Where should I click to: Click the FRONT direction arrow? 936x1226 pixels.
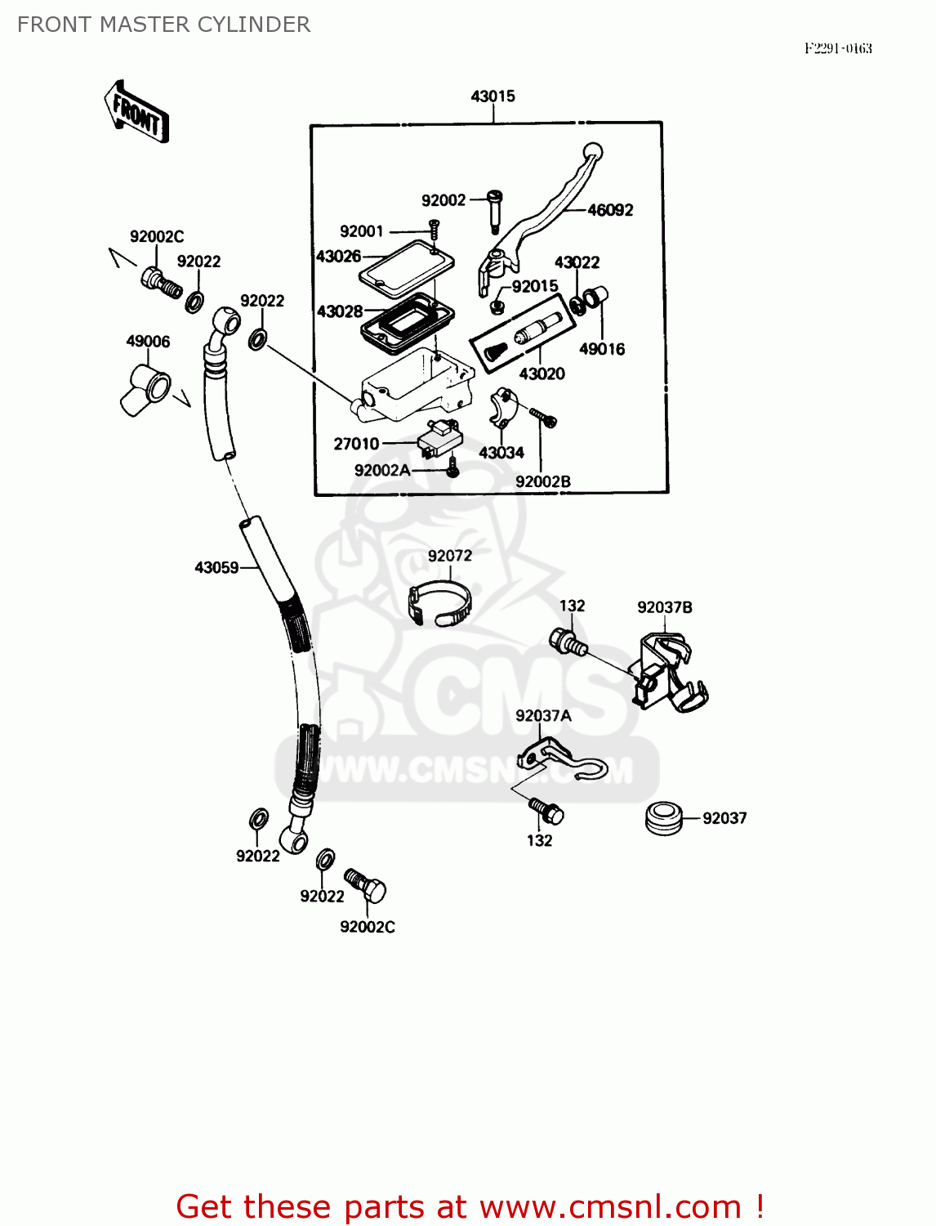[x=136, y=113]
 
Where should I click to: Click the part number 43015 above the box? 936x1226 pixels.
[x=493, y=96]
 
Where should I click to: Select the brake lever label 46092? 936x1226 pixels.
[x=610, y=210]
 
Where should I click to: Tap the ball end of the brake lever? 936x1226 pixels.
[x=592, y=152]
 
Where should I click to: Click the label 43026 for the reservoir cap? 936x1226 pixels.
[x=339, y=257]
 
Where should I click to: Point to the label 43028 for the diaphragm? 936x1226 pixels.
[x=340, y=311]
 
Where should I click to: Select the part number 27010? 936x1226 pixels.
[x=356, y=444]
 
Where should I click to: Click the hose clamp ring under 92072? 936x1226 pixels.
[x=439, y=604]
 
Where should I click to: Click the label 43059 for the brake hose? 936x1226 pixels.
[x=216, y=567]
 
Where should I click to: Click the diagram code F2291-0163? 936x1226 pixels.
[x=838, y=49]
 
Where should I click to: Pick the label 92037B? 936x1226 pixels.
[x=664, y=607]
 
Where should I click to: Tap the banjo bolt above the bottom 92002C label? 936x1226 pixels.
[x=365, y=885]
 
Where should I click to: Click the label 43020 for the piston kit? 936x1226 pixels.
[x=542, y=374]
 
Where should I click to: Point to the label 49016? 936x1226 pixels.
[x=602, y=349]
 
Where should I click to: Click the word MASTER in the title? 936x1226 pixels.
[x=133, y=25]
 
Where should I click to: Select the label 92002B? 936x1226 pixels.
[x=542, y=481]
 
